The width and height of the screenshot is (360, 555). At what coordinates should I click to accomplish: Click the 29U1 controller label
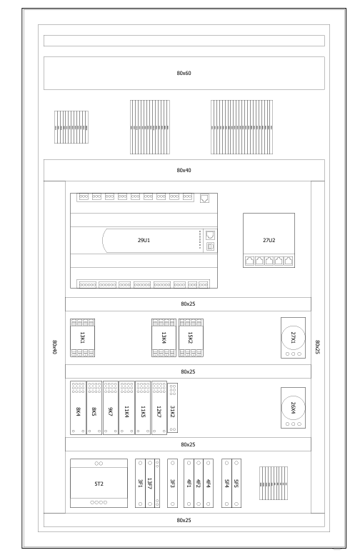[144, 240]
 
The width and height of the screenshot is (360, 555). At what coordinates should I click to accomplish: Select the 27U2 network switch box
[269, 240]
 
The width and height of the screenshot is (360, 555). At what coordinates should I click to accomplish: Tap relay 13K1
[82, 338]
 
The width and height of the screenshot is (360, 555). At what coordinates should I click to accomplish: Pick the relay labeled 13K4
[164, 338]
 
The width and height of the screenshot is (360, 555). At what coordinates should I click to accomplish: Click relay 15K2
[191, 338]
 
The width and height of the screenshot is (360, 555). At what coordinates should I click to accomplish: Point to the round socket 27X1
[293, 338]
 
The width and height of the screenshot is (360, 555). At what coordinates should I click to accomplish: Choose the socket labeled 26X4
[293, 408]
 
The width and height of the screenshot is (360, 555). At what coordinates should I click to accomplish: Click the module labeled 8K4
[79, 408]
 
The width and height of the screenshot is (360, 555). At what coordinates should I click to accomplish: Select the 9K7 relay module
[111, 408]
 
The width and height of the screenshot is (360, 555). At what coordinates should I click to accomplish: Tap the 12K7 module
[159, 408]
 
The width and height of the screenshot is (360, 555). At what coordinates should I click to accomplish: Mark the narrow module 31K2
[173, 408]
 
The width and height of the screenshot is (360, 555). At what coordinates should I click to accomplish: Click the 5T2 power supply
[99, 484]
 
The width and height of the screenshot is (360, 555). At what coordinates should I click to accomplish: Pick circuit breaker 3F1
[140, 484]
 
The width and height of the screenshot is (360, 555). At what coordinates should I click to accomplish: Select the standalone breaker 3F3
[172, 484]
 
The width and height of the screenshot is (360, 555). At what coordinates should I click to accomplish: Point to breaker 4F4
[208, 484]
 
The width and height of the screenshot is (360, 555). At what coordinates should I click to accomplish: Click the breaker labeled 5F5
[236, 484]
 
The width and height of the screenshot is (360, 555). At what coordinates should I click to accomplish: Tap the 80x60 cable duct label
[184, 74]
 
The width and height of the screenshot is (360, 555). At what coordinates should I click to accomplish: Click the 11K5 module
[143, 408]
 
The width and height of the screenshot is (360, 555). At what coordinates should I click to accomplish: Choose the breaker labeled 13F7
[150, 484]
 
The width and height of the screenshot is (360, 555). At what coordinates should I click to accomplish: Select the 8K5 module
[94, 408]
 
